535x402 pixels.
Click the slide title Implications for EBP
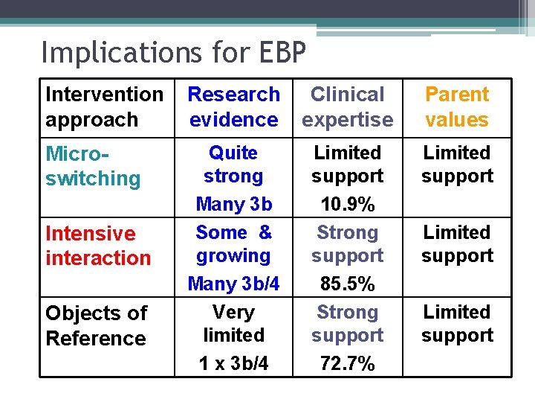(173, 53)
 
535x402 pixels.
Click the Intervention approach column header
(104, 107)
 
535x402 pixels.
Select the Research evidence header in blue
(233, 107)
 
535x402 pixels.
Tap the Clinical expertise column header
(347, 107)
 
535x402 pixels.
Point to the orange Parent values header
(457, 107)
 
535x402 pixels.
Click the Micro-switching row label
(93, 166)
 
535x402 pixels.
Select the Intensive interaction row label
(98, 246)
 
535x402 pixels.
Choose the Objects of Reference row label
(96, 325)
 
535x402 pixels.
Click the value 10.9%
(347, 204)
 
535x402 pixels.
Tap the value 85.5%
(347, 284)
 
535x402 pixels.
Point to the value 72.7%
(347, 364)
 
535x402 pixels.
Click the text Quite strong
(233, 165)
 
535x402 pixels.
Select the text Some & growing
(233, 244)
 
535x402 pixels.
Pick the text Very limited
(233, 324)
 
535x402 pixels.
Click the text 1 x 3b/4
(233, 364)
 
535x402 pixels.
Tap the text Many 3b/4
(233, 284)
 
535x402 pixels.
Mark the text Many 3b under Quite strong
(233, 204)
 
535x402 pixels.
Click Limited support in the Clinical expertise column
(347, 165)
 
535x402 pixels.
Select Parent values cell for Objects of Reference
(457, 324)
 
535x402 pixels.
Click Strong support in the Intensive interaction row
(347, 244)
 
